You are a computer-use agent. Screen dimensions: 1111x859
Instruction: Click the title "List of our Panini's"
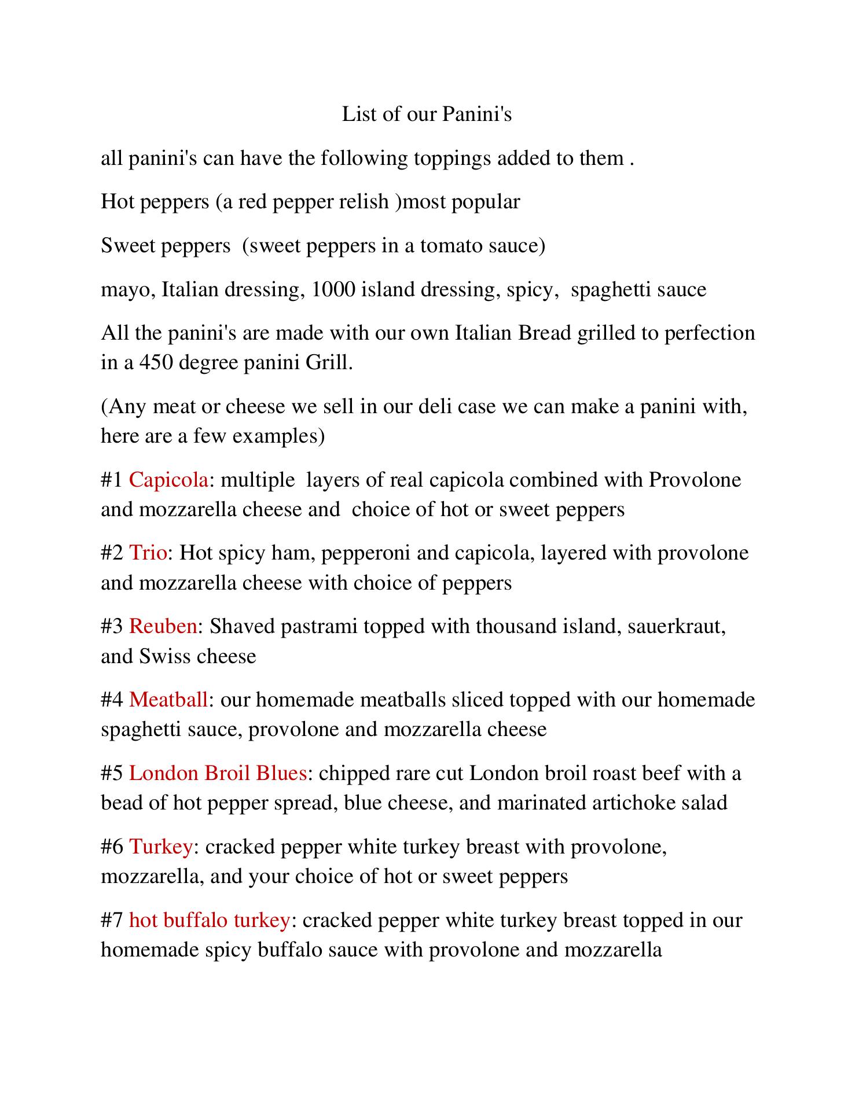(x=427, y=114)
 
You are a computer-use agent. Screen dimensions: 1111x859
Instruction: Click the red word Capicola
(x=168, y=480)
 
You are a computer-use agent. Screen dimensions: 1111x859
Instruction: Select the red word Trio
(x=148, y=553)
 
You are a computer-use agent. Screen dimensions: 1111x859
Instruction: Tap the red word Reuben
(x=163, y=626)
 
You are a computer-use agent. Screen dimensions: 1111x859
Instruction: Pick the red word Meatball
(x=168, y=700)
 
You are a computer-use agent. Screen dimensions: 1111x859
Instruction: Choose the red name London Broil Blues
(x=217, y=773)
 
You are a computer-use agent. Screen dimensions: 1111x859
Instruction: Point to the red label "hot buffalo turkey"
(x=209, y=919)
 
